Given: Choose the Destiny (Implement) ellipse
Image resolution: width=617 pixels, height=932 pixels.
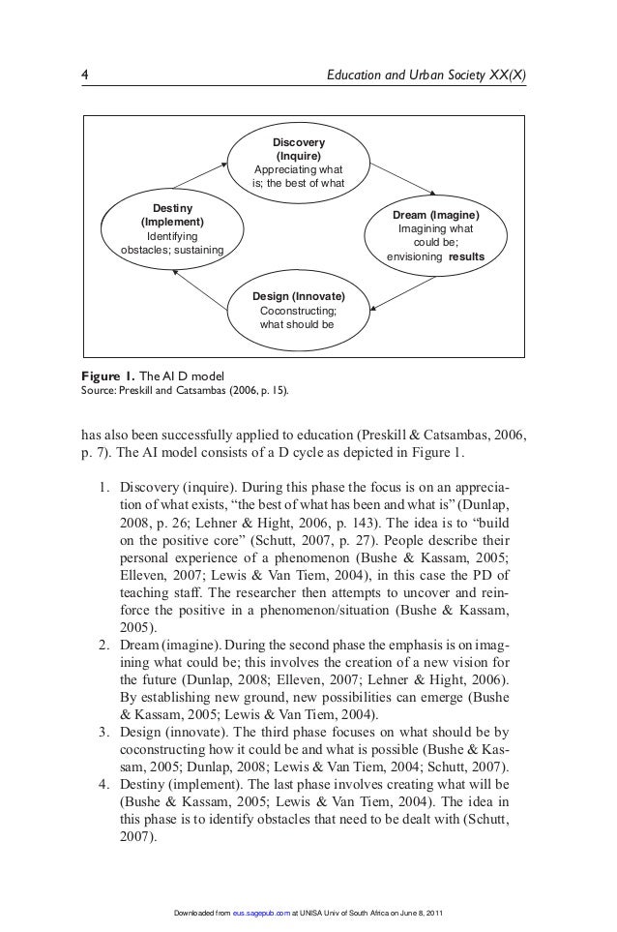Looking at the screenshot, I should (171, 230).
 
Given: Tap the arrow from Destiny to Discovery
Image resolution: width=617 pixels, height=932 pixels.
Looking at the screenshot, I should (191, 177).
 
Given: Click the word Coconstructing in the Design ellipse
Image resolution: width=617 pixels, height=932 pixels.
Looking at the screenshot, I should (299, 310).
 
